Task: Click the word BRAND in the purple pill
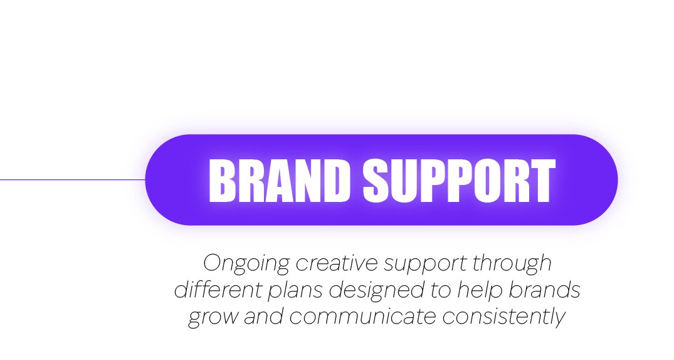280,181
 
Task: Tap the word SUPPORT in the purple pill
459,181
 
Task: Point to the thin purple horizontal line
73,179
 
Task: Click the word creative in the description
337,263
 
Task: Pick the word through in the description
512,263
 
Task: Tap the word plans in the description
296,290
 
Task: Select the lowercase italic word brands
545,290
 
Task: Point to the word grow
213,317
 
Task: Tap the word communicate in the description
363,316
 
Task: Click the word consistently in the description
504,317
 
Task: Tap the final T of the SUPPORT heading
542,181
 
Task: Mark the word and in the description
264,316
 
